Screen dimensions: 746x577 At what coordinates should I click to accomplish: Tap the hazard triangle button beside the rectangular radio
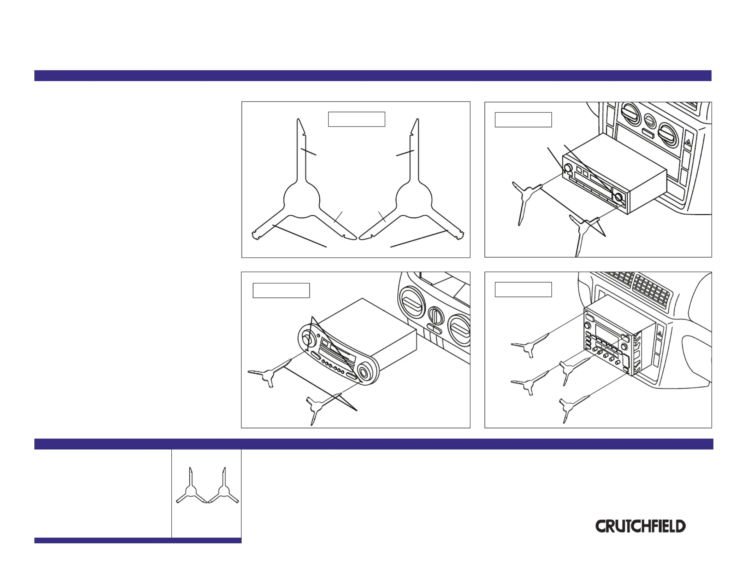click(687, 142)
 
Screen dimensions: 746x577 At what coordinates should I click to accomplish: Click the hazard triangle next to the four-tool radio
click(659, 334)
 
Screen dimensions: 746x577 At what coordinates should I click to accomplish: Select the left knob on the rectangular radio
click(568, 168)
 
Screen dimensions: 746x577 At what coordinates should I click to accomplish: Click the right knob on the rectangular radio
click(618, 197)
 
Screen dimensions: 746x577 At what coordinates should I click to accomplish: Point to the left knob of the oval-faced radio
click(307, 340)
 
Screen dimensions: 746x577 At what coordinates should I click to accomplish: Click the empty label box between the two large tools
click(356, 119)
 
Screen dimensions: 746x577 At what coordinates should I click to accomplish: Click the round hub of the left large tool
click(302, 200)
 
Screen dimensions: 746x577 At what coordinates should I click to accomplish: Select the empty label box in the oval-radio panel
click(281, 290)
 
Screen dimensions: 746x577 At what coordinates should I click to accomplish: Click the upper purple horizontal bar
click(373, 76)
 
